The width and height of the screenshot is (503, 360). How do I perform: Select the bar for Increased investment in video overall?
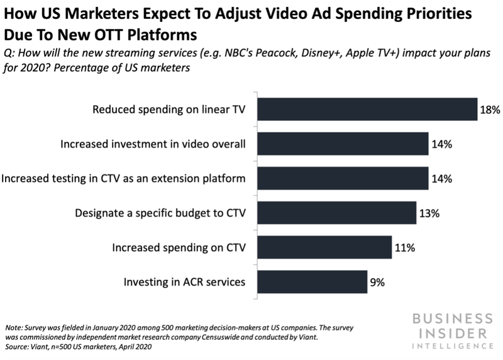pyautogui.click(x=343, y=144)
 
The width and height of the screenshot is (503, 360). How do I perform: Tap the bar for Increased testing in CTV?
pyautogui.click(x=343, y=179)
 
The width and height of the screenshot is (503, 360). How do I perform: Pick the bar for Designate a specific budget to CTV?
pyautogui.click(x=337, y=213)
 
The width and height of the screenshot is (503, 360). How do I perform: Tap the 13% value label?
pyautogui.click(x=429, y=213)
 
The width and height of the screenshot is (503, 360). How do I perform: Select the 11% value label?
pyautogui.click(x=405, y=247)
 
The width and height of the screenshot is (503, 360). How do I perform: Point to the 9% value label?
pyautogui.click(x=377, y=283)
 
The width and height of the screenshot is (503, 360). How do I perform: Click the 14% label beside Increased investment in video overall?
pyautogui.click(x=442, y=144)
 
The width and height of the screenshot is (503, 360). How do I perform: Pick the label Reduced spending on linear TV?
pyautogui.click(x=169, y=110)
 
